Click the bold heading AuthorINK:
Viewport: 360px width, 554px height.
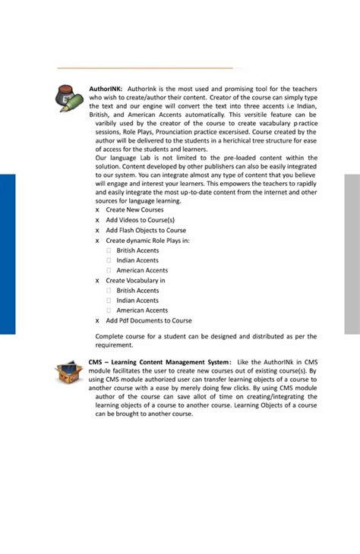[106, 89]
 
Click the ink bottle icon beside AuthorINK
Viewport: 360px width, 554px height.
[71, 99]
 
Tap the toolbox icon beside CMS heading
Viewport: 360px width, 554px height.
[68, 371]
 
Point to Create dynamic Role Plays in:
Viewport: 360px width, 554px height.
[147, 241]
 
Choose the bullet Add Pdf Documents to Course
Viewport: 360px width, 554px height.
[149, 320]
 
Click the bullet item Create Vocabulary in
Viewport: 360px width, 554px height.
[135, 280]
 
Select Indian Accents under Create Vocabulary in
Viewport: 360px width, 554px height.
[137, 301]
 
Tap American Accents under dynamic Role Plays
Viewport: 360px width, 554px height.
[142, 270]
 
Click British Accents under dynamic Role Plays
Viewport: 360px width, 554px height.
[137, 250]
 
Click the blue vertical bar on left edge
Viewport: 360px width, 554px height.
[8, 254]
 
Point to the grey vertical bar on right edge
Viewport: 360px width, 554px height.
[352, 254]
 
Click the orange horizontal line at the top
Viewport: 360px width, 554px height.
[144, 68]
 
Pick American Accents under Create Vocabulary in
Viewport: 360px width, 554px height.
[142, 310]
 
